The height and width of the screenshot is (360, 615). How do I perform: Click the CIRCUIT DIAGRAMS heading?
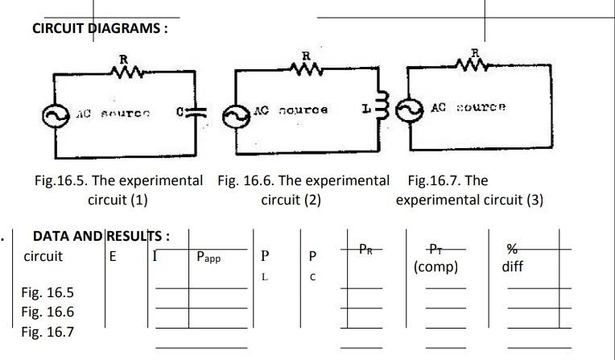coord(100,28)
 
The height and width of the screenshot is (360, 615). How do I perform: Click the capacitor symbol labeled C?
coord(198,114)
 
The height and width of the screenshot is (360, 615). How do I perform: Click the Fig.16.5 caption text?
coord(118,189)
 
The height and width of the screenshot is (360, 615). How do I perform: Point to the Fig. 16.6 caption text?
coord(303,189)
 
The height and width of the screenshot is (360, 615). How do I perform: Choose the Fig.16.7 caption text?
coord(469,189)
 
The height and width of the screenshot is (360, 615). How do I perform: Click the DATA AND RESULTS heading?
coord(101,237)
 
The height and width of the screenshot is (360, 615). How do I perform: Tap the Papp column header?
coord(208,258)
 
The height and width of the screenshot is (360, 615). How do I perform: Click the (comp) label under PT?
coord(435,267)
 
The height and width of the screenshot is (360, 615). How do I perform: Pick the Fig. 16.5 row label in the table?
coord(47,292)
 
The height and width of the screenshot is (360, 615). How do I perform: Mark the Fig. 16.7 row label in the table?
coord(47,331)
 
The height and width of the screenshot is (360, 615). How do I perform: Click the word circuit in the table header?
coord(43,257)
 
